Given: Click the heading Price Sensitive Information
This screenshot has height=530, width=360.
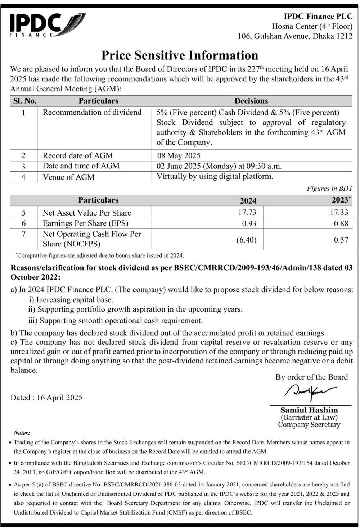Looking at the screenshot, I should click(x=180, y=55).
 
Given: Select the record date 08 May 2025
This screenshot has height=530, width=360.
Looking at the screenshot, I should click(x=179, y=155).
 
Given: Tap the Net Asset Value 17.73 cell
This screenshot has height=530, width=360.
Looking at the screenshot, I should click(x=247, y=212).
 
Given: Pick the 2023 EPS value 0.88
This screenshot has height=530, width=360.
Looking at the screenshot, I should click(x=341, y=223).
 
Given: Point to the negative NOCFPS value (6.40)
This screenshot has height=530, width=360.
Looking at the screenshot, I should click(x=246, y=240).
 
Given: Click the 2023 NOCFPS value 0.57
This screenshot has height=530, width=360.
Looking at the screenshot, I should click(x=341, y=240).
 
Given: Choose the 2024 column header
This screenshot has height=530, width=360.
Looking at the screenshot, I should click(x=248, y=201).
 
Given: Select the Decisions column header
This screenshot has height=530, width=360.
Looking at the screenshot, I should click(x=251, y=101).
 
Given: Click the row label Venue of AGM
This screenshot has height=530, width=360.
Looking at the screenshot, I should click(x=68, y=177).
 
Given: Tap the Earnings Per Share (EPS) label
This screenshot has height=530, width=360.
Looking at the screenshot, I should click(x=85, y=223).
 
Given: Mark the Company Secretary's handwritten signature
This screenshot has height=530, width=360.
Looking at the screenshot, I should click(x=310, y=391).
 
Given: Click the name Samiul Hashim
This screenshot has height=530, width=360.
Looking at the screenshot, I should click(x=309, y=410).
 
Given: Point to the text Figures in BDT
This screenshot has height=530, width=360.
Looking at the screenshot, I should click(x=329, y=188).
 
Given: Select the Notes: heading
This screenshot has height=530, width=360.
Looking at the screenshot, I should click(x=22, y=433).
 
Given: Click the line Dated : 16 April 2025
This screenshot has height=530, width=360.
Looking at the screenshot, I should click(x=46, y=398).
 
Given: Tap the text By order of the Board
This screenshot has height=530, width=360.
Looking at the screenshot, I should click(x=311, y=377).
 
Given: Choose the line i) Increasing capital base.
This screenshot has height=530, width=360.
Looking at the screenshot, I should click(x=71, y=299).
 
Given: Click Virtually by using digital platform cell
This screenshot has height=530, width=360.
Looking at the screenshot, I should click(x=215, y=176).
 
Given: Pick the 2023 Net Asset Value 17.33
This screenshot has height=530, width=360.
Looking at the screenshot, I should click(x=339, y=212).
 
